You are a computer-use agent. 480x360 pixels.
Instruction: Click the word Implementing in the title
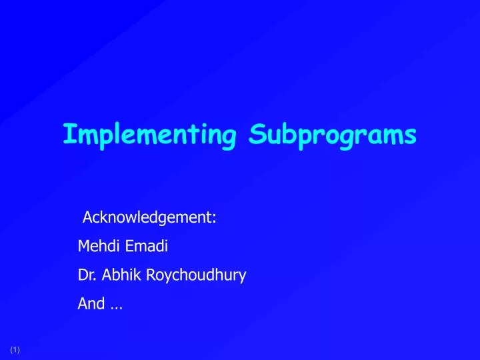click(x=150, y=135)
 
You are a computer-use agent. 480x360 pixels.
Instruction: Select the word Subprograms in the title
click(x=333, y=135)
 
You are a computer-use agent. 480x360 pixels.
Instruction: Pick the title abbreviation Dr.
click(x=85, y=275)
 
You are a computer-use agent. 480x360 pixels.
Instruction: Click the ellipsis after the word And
click(x=116, y=306)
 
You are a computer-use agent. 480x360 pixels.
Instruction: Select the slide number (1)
click(x=15, y=350)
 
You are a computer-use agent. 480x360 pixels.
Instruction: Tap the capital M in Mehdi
click(x=83, y=246)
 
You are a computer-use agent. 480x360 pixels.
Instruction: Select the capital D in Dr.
click(x=82, y=275)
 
